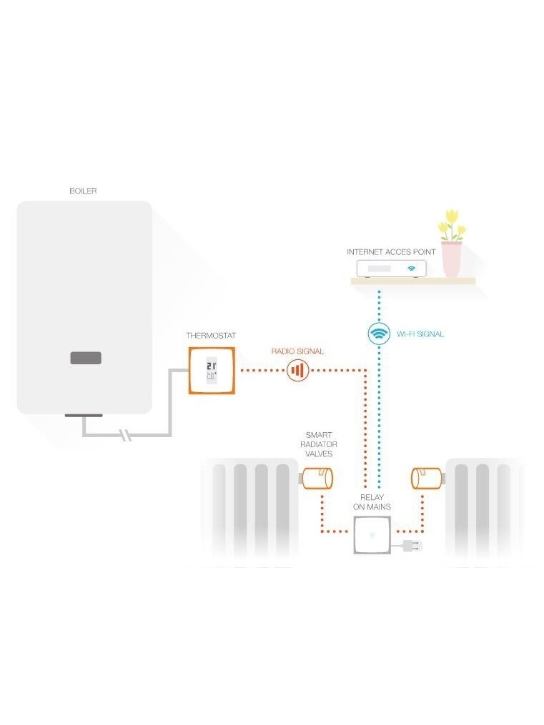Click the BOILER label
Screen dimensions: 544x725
pos(83,191)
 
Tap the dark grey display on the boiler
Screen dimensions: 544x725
pos(86,358)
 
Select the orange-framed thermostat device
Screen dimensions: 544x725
pos(212,371)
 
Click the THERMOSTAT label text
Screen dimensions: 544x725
pos(211,335)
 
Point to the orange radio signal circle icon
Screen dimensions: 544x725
pos(298,370)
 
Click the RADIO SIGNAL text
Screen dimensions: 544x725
pos(297,351)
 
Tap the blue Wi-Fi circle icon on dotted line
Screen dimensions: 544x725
pos(379,333)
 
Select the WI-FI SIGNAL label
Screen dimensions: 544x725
pos(420,334)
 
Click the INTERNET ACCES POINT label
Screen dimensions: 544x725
pos(391,252)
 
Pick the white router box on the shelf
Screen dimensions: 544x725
pos(391,269)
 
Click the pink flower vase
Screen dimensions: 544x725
pos(451,259)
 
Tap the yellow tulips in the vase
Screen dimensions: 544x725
pos(452,226)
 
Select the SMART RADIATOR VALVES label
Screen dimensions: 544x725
pos(319,444)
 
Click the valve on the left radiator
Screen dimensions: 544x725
pos(317,478)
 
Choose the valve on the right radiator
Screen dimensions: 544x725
pos(427,478)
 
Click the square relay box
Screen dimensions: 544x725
pos(372,535)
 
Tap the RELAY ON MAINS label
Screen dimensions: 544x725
pos(372,502)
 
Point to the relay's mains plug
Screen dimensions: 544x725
pos(412,546)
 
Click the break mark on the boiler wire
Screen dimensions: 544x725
pos(125,435)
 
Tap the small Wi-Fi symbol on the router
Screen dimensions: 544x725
pos(411,268)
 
